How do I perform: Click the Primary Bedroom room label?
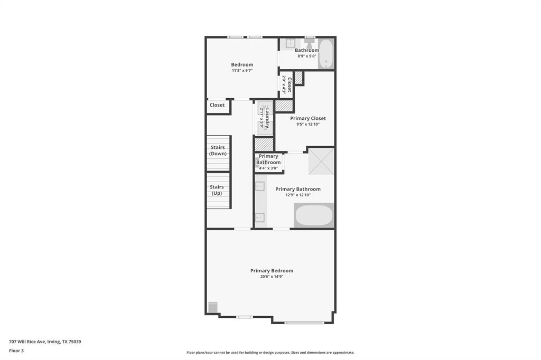tap(272, 271)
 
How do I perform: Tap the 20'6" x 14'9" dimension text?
tap(272, 277)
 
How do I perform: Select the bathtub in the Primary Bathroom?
tap(314, 215)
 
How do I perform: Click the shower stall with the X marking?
tap(321, 161)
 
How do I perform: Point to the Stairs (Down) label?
tap(218, 150)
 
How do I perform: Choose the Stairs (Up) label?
tap(217, 190)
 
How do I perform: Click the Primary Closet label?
tap(308, 118)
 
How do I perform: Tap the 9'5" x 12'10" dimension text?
tap(308, 124)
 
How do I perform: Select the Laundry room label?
tap(267, 118)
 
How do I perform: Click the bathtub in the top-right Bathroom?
tap(326, 54)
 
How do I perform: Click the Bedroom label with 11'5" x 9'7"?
tap(242, 65)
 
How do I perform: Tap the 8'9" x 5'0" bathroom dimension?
tap(306, 56)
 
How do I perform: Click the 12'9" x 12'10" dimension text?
tap(298, 195)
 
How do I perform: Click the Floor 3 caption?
tap(16, 350)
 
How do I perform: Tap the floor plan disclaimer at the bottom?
tap(270, 353)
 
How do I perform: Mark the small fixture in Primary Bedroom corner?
tap(213, 307)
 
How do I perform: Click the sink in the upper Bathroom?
tap(291, 44)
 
